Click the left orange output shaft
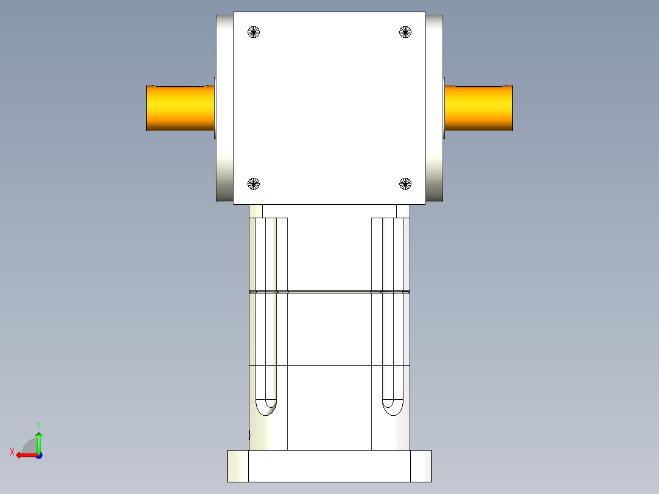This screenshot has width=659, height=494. point(180,108)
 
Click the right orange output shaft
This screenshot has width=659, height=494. point(478,108)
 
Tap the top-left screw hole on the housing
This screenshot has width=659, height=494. point(254,32)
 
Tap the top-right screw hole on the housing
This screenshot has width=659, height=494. point(405,32)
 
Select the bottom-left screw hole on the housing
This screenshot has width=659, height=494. point(254,183)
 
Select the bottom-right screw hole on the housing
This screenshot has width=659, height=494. point(405,183)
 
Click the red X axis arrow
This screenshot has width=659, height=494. point(24,455)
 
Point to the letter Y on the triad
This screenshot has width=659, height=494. point(38,424)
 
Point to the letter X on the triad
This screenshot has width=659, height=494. point(12,452)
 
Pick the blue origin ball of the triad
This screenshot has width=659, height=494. point(39,455)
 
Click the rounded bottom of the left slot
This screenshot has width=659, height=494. point(266,407)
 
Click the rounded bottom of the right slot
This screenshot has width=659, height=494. point(392,407)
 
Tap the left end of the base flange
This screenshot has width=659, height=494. point(238,466)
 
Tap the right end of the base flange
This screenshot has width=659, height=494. point(421,466)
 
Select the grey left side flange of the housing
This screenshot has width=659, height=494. point(224,108)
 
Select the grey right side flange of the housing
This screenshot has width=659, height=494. point(434,108)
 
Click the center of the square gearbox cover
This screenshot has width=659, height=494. point(329,108)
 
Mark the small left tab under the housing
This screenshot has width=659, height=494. point(256,211)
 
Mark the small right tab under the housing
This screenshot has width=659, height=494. point(403,211)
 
